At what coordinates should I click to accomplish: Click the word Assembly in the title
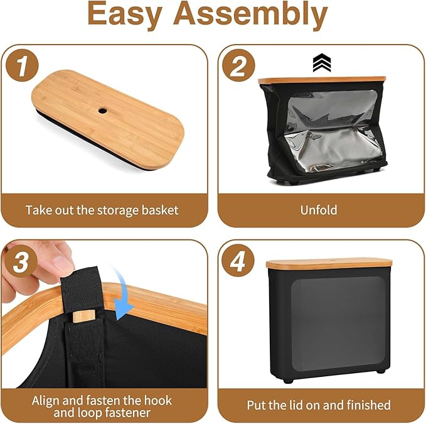click(x=250, y=15)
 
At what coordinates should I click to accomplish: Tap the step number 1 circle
click(x=22, y=65)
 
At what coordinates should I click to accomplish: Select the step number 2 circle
click(x=238, y=65)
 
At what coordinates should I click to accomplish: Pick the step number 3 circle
click(x=21, y=262)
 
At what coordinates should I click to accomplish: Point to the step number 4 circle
click(x=238, y=261)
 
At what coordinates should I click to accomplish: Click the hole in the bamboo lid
click(x=102, y=111)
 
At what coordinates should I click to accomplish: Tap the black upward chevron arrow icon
click(x=322, y=63)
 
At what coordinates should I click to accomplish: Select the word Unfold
click(x=319, y=210)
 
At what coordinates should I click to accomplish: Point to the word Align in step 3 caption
click(x=46, y=401)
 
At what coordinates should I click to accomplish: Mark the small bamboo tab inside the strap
click(x=84, y=317)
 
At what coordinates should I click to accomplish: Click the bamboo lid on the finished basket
click(x=329, y=264)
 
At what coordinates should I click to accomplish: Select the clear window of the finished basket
click(x=338, y=323)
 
